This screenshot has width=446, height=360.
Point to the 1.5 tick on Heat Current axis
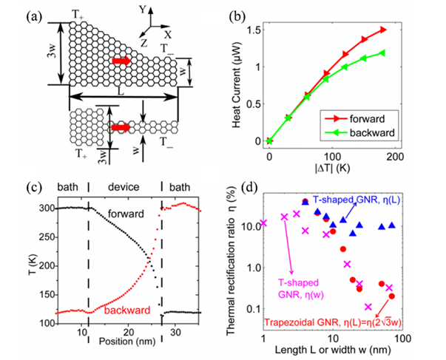tap(257, 30)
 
